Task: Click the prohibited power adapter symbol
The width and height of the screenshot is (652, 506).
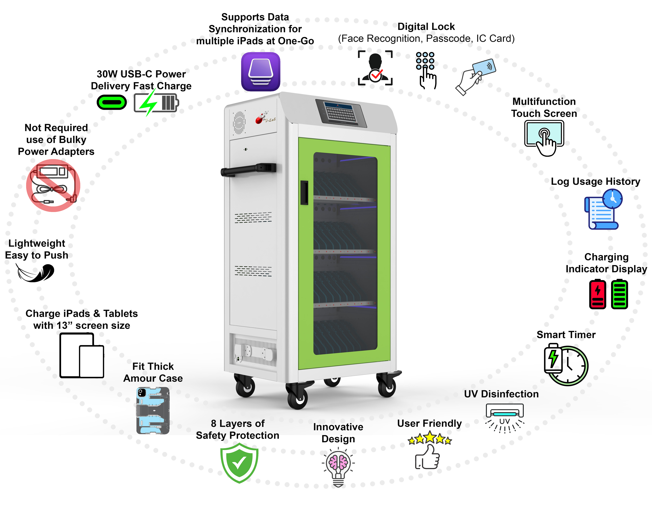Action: tap(53, 185)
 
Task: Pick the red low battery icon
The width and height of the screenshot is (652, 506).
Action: tap(597, 294)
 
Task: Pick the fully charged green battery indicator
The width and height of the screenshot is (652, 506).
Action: tap(619, 294)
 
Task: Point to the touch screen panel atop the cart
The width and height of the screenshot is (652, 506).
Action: tap(341, 113)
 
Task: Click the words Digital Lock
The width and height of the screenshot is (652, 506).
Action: tap(426, 27)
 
